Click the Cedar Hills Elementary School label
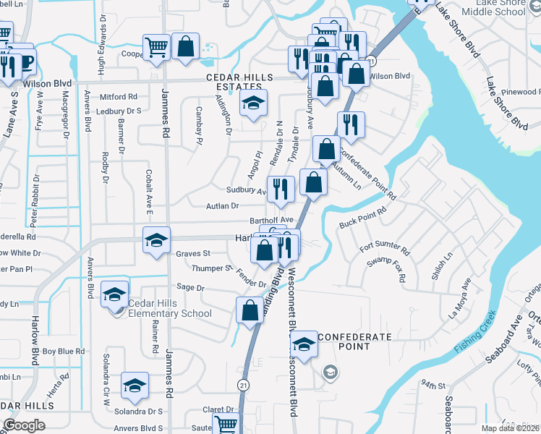point(170,308)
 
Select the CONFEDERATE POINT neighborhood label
point(354,342)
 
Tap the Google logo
point(24,425)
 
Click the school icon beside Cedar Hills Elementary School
point(114,295)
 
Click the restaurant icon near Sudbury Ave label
point(281,190)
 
